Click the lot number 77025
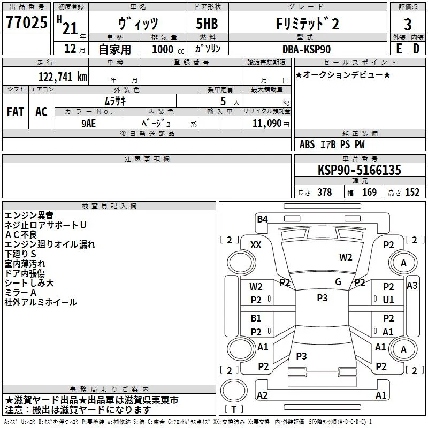point(26,22)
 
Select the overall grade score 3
point(408,24)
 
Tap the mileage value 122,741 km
point(63,77)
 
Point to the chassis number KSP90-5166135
point(360,170)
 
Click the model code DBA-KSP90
point(307,49)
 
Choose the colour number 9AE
point(89,124)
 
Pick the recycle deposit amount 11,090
point(267,124)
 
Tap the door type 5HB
point(207,24)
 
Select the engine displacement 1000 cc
point(168,49)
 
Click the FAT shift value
point(16,112)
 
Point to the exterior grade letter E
point(399,49)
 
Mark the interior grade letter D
point(416,49)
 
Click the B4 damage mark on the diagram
point(262,219)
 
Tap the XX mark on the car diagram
point(256,245)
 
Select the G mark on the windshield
point(338,282)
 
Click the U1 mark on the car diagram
point(388,300)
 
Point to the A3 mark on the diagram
point(412,286)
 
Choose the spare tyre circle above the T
point(234,391)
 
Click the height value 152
point(412,193)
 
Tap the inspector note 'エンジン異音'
point(29,216)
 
